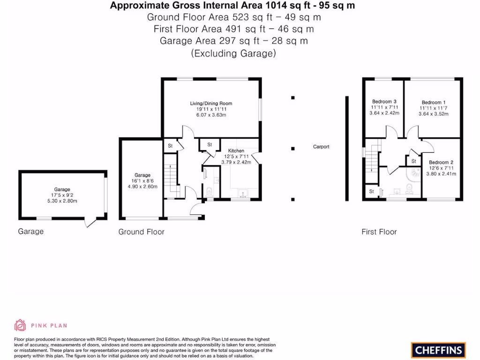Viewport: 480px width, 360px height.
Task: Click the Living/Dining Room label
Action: point(211,104)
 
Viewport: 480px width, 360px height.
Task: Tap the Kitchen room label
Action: point(236,151)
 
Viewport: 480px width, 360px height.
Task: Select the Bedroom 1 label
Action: point(433,103)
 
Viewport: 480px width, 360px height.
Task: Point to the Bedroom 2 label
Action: point(441,163)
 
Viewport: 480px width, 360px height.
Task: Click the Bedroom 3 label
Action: point(384,102)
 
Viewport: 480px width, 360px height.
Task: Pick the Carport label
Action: point(321,147)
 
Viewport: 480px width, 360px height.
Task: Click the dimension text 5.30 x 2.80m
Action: point(62,201)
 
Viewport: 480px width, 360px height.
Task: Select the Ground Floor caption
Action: point(141,232)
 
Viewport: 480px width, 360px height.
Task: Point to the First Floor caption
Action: point(379,232)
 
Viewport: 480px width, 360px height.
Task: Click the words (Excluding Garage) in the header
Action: point(233,53)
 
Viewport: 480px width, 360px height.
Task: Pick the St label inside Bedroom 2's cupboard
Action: point(414,161)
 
